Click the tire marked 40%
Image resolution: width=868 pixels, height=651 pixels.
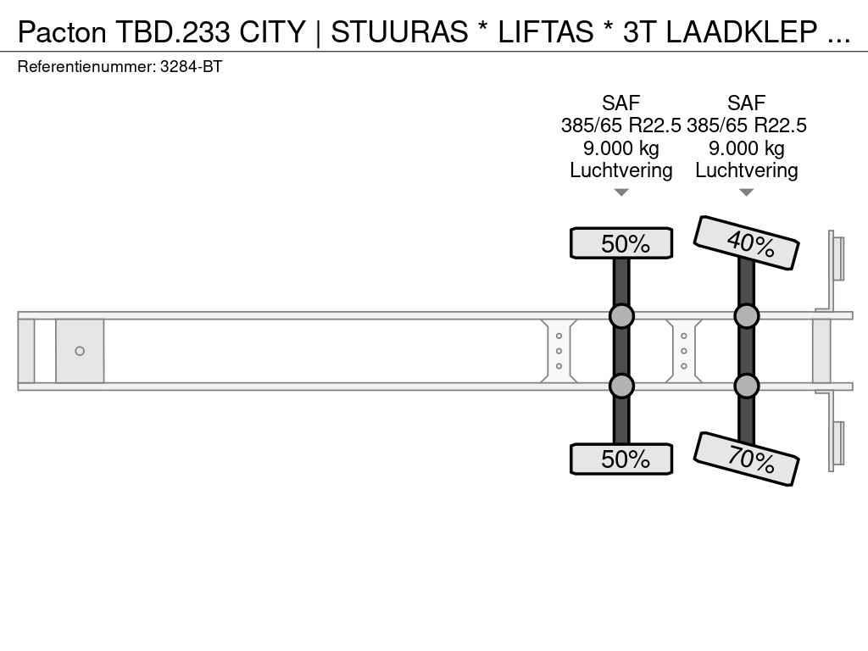pos(746,242)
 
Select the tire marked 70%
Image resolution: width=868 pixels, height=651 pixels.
pos(746,459)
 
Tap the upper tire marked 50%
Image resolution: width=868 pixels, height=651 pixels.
pos(621,243)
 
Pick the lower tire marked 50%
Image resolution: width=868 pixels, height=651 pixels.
pos(621,459)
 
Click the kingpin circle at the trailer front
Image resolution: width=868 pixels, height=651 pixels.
pos(80,351)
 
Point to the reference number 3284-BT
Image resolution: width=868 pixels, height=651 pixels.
pos(191,67)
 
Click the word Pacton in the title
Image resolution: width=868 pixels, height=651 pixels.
pos(62,32)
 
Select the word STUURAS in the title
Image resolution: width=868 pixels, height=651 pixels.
pos(399,32)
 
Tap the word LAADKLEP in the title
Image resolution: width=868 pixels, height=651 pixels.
pos(742,32)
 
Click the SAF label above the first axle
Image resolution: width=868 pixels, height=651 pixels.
pos(621,103)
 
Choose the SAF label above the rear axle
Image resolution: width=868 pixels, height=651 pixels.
pos(746,103)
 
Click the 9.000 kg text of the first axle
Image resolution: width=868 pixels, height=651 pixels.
pos(621,148)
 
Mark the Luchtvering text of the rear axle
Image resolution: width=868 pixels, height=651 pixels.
pos(746,170)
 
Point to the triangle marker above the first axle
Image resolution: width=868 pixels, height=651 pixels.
pos(621,192)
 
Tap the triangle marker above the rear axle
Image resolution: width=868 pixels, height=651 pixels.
pos(746,192)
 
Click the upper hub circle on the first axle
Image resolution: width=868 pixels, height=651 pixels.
pos(621,316)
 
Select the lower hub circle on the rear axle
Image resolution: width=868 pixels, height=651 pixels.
pos(746,386)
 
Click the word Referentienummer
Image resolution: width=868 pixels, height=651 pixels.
pos(86,67)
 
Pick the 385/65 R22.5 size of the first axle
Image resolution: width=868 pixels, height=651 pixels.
pos(621,125)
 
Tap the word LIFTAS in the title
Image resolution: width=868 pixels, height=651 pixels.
pos(545,32)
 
